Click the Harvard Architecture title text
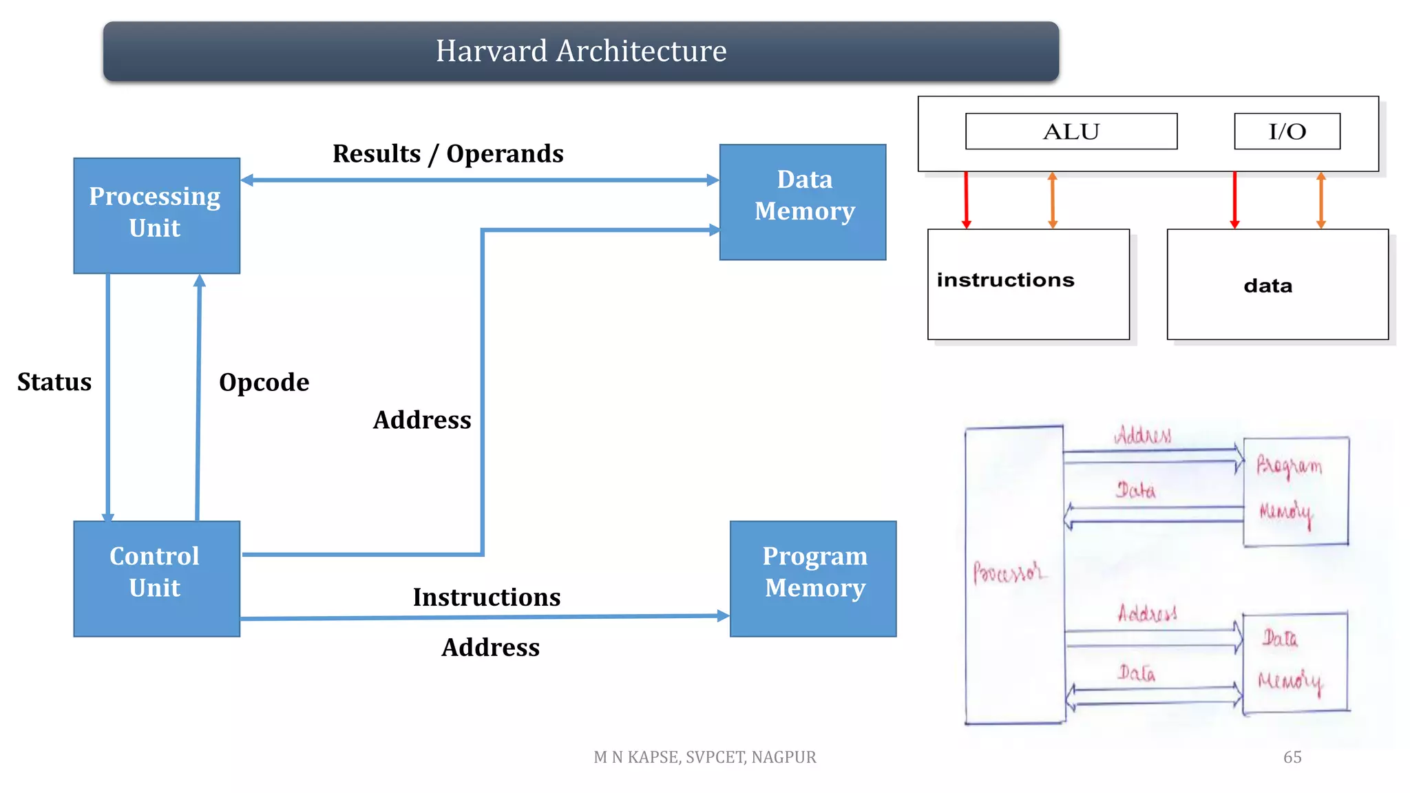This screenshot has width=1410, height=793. click(x=580, y=51)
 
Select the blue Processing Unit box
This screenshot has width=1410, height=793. click(x=156, y=215)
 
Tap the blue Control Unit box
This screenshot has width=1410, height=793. click(x=156, y=578)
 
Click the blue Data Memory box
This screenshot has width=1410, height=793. click(x=803, y=202)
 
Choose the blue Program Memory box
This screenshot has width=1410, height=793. click(x=813, y=578)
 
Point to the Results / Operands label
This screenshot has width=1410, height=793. click(x=448, y=154)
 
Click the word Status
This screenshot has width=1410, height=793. click(x=54, y=382)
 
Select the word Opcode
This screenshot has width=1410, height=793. click(x=264, y=383)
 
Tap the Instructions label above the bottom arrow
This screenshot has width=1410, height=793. click(x=486, y=597)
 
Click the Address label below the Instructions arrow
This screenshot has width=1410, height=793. click(x=490, y=648)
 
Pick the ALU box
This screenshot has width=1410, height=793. click(x=1071, y=131)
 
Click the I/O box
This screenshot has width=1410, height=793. click(x=1287, y=131)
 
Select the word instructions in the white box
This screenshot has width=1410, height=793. click(x=1005, y=280)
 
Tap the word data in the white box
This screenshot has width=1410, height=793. click(x=1267, y=286)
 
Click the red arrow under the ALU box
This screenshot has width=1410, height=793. click(x=966, y=200)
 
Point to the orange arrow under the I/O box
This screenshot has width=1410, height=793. click(x=1320, y=200)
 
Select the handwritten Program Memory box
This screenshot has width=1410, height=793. click(x=1295, y=491)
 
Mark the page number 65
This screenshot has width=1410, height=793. click(x=1292, y=757)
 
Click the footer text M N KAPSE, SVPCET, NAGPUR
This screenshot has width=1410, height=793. click(x=704, y=757)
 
